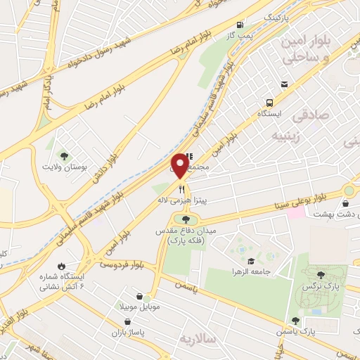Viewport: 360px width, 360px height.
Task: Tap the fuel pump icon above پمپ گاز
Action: coord(241,23)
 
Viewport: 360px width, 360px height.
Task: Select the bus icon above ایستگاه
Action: coord(283,84)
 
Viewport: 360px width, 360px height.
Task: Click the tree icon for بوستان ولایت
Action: coord(65,155)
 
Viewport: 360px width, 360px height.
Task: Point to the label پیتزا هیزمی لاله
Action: coord(184,201)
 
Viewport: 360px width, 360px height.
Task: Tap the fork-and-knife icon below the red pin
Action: coord(181,188)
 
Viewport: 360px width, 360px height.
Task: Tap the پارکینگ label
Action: coord(276,15)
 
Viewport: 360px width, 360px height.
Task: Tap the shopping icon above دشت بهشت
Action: coord(345,203)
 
